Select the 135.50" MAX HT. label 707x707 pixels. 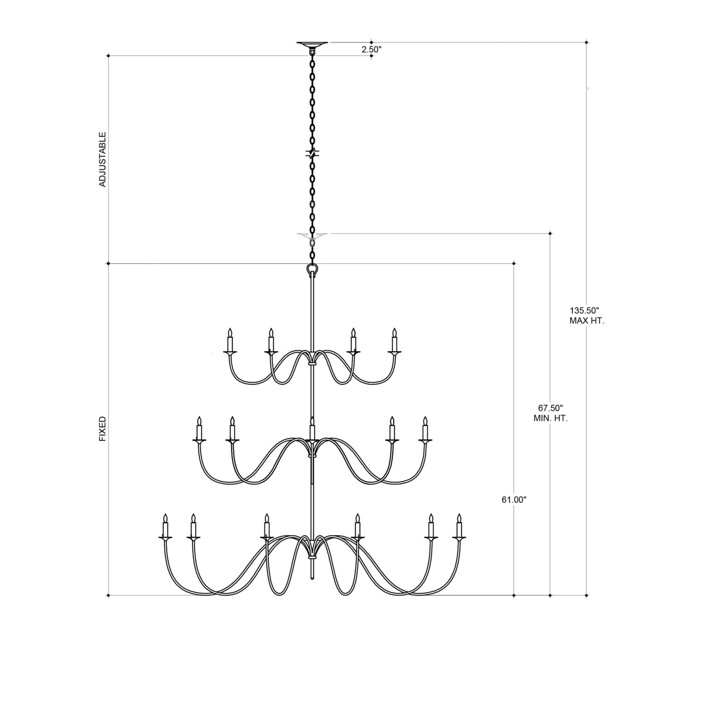tap(586, 316)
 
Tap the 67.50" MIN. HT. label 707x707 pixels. tap(550, 413)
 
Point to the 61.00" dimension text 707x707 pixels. tap(514, 500)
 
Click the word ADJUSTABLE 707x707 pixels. tap(103, 159)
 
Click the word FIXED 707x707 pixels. tap(103, 428)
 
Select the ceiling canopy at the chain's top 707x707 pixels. tap(312, 44)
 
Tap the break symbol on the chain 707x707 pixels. tap(312, 153)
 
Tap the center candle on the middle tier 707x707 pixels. tap(312, 429)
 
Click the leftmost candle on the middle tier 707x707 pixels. tap(199, 429)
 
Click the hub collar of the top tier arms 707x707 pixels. tap(312, 364)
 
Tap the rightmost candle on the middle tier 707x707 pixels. tap(425, 429)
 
